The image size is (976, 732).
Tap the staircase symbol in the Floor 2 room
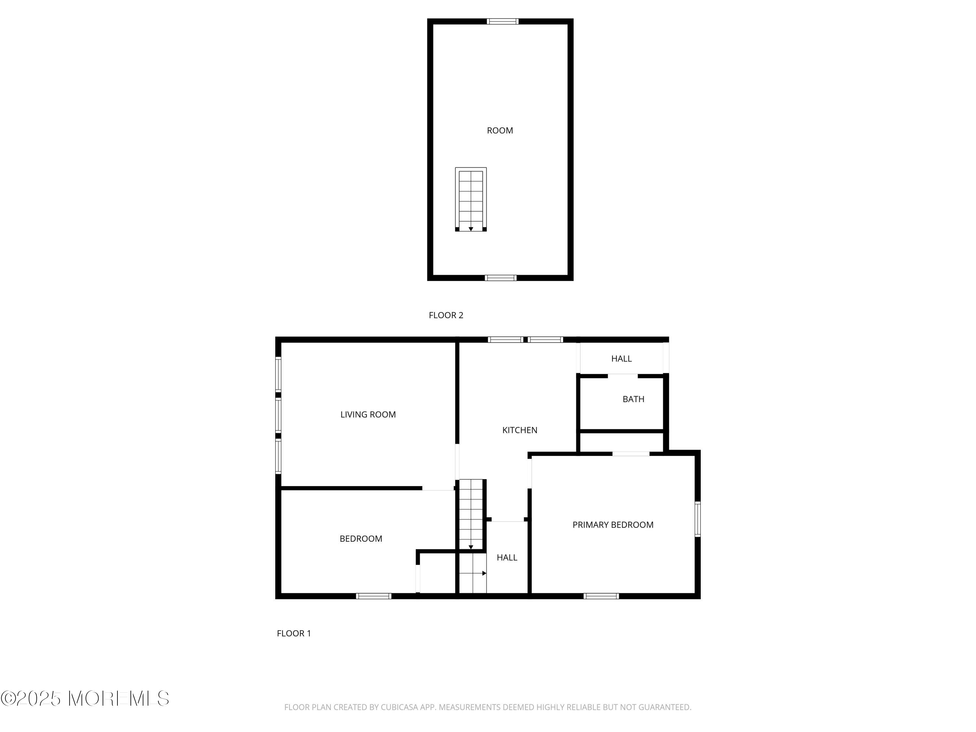pyautogui.click(x=471, y=199)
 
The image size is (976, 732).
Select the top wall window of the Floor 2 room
pyautogui.click(x=503, y=21)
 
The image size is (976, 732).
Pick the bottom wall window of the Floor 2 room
pyautogui.click(x=500, y=278)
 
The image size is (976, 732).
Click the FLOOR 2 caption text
pyautogui.click(x=446, y=315)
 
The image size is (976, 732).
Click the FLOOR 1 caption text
pyautogui.click(x=293, y=633)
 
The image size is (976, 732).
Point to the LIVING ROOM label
pyautogui.click(x=368, y=414)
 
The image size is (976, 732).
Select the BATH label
pyautogui.click(x=633, y=399)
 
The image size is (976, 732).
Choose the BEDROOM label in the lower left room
pyautogui.click(x=360, y=538)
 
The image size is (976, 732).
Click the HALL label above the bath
pyautogui.click(x=621, y=359)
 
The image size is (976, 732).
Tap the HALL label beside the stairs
pyautogui.click(x=507, y=557)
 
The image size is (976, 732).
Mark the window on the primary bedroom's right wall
pyautogui.click(x=698, y=519)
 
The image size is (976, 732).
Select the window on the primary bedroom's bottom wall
pyautogui.click(x=601, y=596)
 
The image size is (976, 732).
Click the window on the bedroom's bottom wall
pyautogui.click(x=373, y=596)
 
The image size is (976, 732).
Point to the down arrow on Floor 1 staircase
pyautogui.click(x=471, y=547)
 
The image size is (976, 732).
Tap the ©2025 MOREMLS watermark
pyautogui.click(x=85, y=698)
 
